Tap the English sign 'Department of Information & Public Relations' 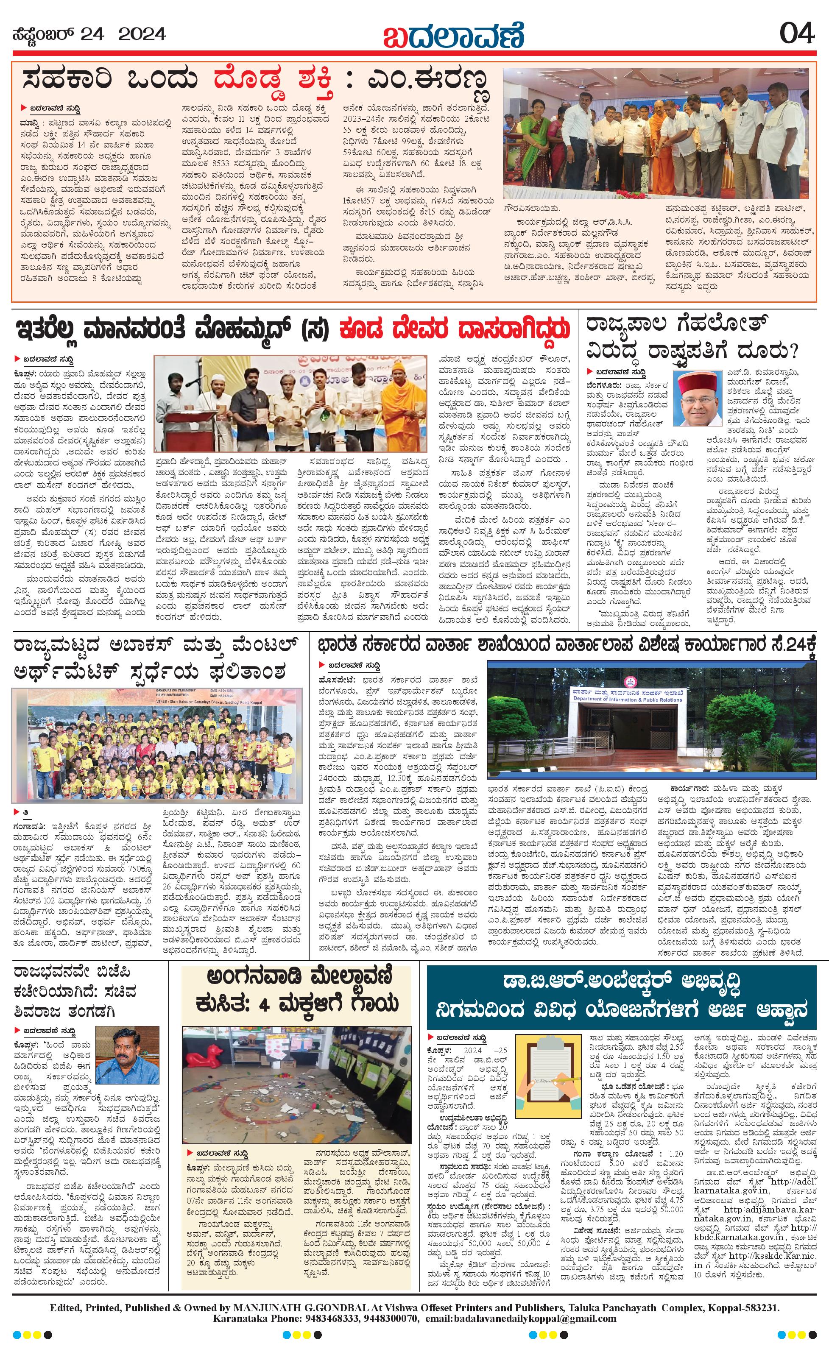click(x=628, y=699)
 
